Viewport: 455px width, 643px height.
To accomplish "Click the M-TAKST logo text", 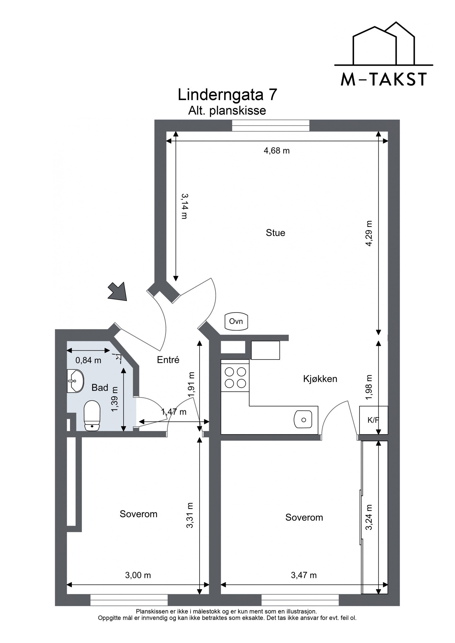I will coord(383,80).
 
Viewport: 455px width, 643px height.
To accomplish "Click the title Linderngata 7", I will coord(227,95).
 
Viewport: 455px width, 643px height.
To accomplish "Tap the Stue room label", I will coord(275,233).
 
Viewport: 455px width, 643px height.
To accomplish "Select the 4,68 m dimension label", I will coord(277,151).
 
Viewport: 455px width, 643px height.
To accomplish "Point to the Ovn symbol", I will coord(236,322).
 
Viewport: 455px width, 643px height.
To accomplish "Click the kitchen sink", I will coord(303,419).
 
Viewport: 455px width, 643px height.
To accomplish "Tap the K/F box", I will coord(373,420).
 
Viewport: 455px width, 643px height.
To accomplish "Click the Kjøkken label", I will coord(320,379).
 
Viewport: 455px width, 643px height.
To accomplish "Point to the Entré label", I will coord(168,360).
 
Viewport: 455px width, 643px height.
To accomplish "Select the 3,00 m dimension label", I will coord(138,575).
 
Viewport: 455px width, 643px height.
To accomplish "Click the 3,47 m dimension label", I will coord(304,575).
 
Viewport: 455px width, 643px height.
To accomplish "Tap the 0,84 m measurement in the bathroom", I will coord(88,360).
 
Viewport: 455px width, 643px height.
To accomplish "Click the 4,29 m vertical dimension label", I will coord(369,234).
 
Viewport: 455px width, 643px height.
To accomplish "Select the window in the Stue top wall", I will coord(270,126).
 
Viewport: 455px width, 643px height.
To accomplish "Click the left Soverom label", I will coord(138,514).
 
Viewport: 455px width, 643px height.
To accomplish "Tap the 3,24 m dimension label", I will coord(369,517).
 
